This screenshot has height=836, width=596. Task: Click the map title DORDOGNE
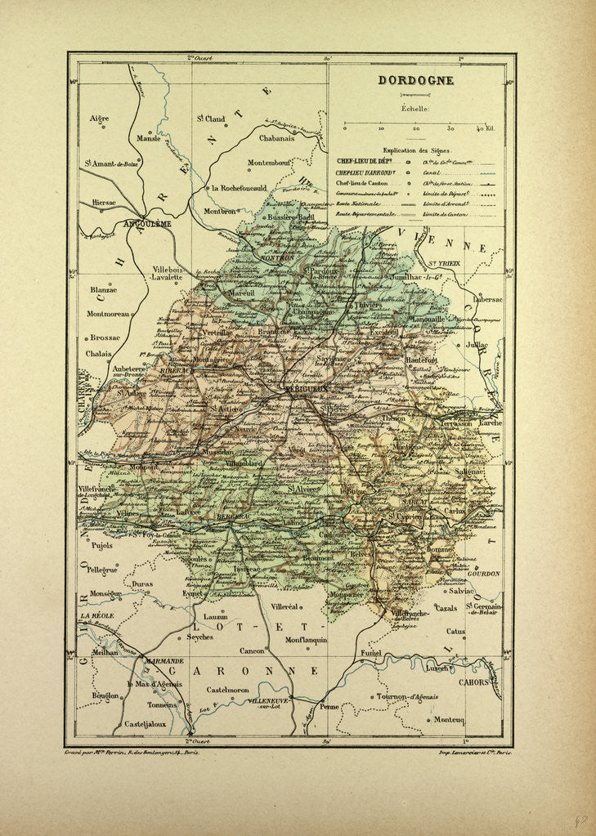coord(415,81)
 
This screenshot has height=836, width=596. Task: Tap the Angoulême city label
coord(146,222)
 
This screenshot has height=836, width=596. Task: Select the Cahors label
coord(473,682)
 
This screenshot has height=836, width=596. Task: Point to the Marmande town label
coord(164,660)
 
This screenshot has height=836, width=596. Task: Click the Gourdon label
coord(484,574)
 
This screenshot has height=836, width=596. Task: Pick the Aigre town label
coord(99,118)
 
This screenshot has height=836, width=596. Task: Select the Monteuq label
coord(450,719)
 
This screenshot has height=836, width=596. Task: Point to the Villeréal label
coord(287,609)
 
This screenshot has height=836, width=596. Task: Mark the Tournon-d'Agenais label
coord(407,697)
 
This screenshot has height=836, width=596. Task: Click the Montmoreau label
coord(110,313)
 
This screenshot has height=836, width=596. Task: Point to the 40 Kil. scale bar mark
coord(486,128)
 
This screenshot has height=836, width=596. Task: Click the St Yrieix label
coord(444,263)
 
